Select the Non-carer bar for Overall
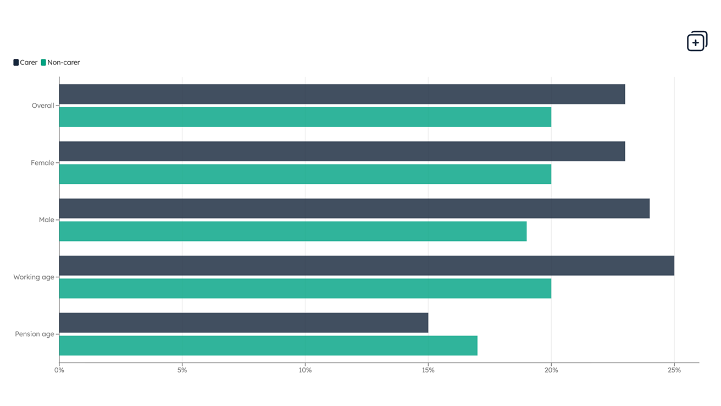coord(305,117)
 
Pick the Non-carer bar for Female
coord(305,174)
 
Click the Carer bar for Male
coord(354,209)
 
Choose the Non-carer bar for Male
coord(293,232)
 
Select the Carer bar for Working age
coord(367,266)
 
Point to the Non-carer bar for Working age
coord(305,289)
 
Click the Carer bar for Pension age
coord(243,323)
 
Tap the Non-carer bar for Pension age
coord(268,346)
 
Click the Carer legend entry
coord(25,63)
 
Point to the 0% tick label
coord(59,370)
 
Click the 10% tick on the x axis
coord(305,370)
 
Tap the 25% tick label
coord(674,370)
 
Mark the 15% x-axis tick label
coord(428,370)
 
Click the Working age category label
coord(34,277)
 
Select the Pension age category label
coord(35,334)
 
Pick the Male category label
coord(47,220)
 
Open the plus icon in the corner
coord(697,41)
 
